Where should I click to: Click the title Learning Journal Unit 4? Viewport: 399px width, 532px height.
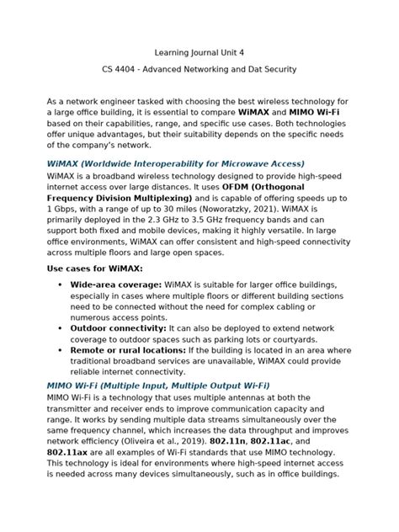coord(199,51)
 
